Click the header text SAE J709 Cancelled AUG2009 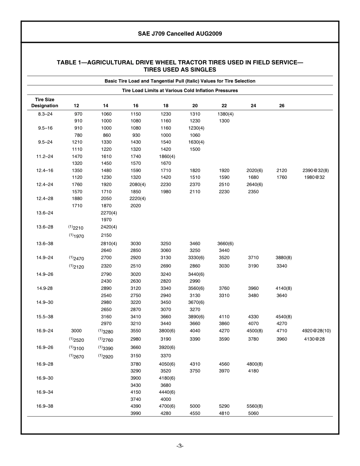(x=180, y=34)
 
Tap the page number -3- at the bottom (x=180, y=446)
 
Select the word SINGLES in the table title (x=202, y=70)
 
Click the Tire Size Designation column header (x=45, y=103)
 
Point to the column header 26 (x=282, y=106)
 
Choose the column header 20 (x=195, y=106)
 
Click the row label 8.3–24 (x=45, y=114)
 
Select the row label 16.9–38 (x=45, y=406)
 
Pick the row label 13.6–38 (x=45, y=244)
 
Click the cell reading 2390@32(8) (x=316, y=170)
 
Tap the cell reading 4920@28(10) (x=316, y=331)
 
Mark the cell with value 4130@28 (x=314, y=339)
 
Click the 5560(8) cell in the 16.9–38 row (x=254, y=406)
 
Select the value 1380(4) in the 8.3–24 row (x=225, y=114)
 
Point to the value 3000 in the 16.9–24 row (x=76, y=331)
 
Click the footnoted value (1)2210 (x=76, y=228)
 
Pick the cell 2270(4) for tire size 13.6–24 (x=109, y=213)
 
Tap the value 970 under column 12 (x=78, y=114)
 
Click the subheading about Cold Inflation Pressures (x=180, y=91)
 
